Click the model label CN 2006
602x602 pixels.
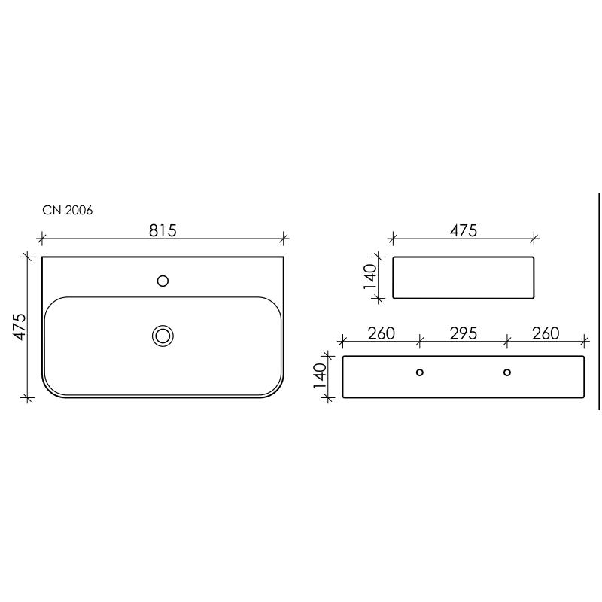(68, 211)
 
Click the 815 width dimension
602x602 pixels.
(163, 230)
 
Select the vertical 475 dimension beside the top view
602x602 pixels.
(20, 327)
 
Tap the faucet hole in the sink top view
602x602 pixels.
(163, 281)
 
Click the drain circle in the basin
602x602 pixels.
(163, 336)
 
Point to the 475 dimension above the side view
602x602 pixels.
(464, 230)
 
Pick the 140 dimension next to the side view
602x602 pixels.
(370, 276)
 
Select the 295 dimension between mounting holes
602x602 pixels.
(464, 333)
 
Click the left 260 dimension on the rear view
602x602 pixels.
(382, 333)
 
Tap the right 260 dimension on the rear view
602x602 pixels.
(546, 333)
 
